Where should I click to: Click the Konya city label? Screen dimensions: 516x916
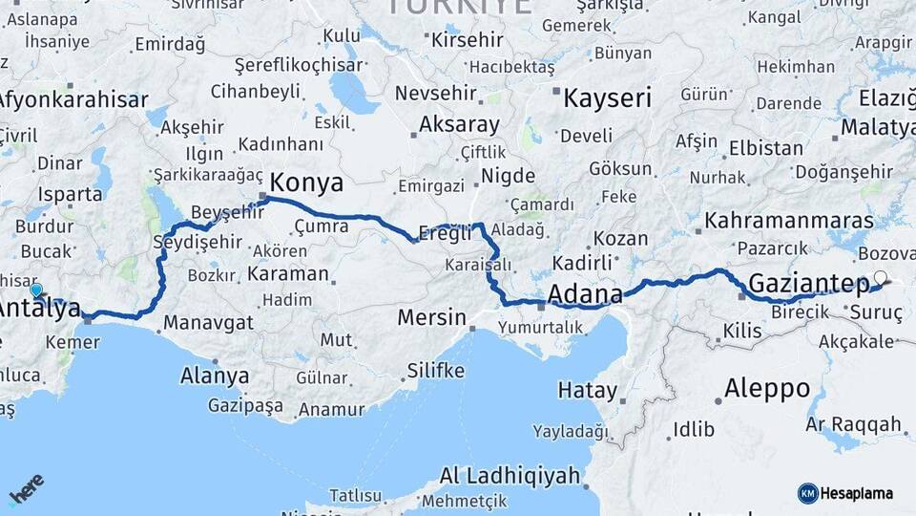(306, 183)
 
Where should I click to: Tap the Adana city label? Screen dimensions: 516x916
(585, 292)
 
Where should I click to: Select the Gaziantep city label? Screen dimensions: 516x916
(808, 283)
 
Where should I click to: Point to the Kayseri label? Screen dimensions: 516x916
(607, 97)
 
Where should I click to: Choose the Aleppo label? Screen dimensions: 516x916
(767, 389)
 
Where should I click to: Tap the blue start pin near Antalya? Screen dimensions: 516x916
(36, 290)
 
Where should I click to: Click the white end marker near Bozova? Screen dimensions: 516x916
(880, 279)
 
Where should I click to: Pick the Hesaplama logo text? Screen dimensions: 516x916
(856, 493)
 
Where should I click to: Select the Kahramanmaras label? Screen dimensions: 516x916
(775, 221)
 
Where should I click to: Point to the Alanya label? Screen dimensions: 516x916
(215, 376)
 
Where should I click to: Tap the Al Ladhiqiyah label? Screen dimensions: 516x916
(510, 476)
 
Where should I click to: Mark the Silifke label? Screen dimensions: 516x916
(435, 370)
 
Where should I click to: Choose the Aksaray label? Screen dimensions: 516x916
(460, 124)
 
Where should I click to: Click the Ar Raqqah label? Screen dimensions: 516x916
(854, 423)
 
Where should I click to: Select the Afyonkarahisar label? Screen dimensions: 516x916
(73, 98)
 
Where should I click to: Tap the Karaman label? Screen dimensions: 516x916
(287, 273)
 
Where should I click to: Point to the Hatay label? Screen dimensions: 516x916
(588, 390)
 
